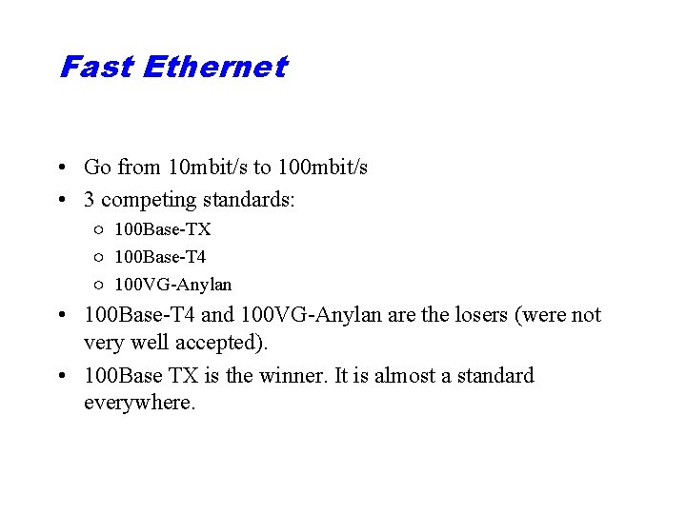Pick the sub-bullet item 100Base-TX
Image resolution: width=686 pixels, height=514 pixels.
pyautogui.click(x=163, y=229)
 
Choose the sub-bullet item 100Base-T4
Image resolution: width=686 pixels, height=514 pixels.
pyautogui.click(x=160, y=257)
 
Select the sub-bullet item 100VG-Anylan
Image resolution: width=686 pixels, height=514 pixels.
pyautogui.click(x=172, y=285)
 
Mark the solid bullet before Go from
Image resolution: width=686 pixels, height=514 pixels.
pyautogui.click(x=61, y=168)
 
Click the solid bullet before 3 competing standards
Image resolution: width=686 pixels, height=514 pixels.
pyautogui.click(x=61, y=201)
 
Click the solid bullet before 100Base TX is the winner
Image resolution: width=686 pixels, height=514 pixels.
pyautogui.click(x=61, y=377)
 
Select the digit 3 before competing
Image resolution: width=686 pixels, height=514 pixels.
pyautogui.click(x=90, y=200)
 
